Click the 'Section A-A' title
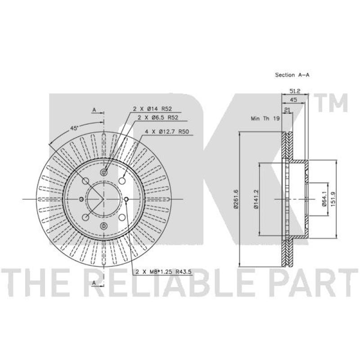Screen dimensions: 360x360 292,75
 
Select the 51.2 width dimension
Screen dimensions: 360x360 295,91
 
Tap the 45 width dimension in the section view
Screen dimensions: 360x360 293,100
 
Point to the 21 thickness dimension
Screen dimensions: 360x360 287,110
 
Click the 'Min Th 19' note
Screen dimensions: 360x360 265,118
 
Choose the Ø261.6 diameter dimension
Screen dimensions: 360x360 236,199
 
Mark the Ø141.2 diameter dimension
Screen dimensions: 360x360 256,199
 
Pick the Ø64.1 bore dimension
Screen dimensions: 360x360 324,199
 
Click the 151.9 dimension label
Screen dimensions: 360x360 333,199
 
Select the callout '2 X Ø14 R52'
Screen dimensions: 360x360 153,109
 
